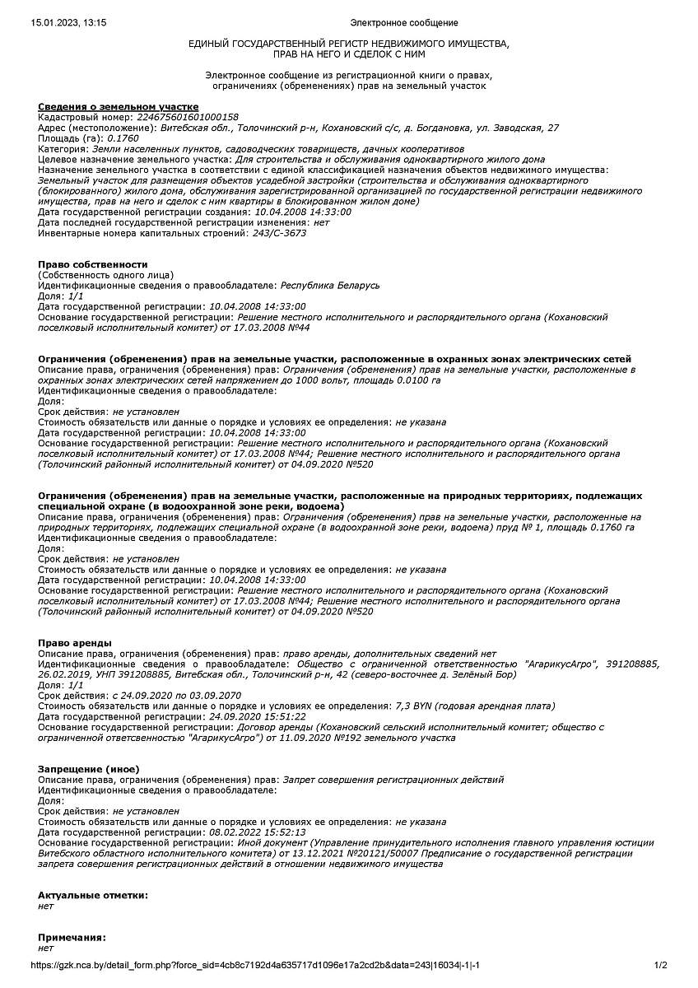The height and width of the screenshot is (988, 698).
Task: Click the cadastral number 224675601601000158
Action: [x=188, y=117]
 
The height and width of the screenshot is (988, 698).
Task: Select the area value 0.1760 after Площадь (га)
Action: [x=123, y=137]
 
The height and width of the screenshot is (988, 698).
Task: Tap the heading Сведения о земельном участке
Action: [x=118, y=106]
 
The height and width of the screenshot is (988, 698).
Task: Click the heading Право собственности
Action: [x=92, y=264]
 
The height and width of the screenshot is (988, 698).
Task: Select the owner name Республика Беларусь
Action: [x=330, y=285]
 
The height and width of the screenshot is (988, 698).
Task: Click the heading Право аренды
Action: [x=75, y=642]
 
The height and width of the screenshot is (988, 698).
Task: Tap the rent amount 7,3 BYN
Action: [x=417, y=706]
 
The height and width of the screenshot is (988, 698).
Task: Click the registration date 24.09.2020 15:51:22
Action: [x=258, y=716]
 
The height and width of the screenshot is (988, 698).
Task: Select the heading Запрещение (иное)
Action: [x=88, y=769]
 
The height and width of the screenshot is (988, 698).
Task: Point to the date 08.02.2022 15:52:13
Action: [x=258, y=832]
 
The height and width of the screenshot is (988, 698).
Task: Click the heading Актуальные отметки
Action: [x=93, y=895]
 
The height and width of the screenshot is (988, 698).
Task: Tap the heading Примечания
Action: [x=72, y=938]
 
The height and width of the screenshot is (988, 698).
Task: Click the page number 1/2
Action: [x=660, y=965]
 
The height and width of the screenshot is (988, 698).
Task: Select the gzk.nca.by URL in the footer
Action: [x=255, y=965]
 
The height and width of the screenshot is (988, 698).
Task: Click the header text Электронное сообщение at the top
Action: [x=404, y=22]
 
